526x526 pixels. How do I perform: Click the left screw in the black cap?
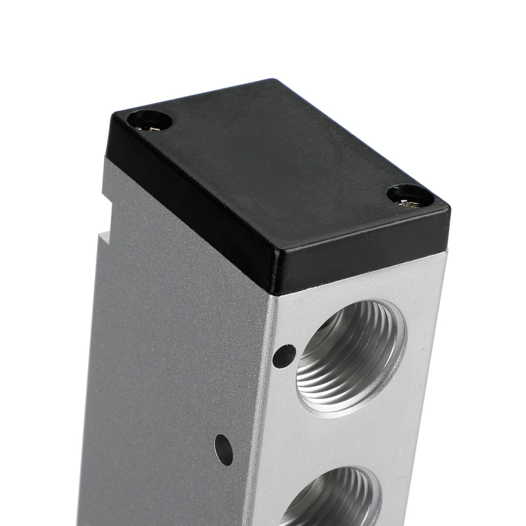coord(149,121)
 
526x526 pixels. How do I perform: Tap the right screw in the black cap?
coord(410,195)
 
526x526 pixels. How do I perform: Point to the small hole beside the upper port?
coord(283,356)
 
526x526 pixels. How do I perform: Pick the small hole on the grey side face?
coord(224,449)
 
